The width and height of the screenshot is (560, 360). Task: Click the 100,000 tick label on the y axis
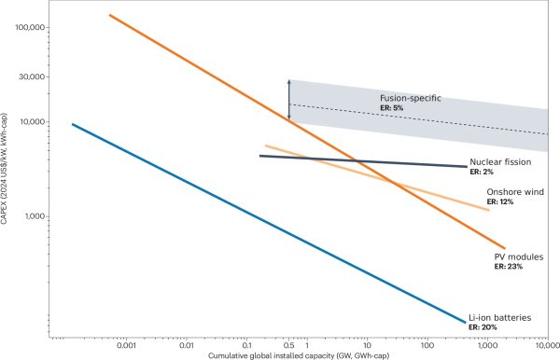30,27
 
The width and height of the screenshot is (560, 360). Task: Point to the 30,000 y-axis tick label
32,76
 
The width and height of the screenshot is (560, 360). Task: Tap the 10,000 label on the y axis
32,121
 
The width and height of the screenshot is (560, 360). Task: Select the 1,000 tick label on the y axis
35,216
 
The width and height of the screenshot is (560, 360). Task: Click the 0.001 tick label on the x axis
126,345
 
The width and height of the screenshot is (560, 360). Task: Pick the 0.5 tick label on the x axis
289,345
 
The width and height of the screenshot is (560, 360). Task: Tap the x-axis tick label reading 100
427,345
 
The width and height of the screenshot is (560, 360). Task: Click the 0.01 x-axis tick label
187,345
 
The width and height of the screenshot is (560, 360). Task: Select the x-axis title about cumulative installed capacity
299,355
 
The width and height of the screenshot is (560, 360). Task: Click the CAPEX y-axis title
4,169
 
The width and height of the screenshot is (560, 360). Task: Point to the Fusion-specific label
411,98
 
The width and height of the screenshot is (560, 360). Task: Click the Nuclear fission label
500,162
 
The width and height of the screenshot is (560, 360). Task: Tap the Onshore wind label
515,192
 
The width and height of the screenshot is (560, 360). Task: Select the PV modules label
519,256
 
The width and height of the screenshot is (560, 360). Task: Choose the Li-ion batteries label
499,317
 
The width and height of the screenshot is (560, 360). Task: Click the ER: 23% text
509,267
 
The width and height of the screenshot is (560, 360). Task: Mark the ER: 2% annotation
482,172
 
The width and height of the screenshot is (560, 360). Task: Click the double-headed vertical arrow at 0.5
289,100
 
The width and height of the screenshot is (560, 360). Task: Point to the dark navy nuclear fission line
363,161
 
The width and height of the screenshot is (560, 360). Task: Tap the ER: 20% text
483,327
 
